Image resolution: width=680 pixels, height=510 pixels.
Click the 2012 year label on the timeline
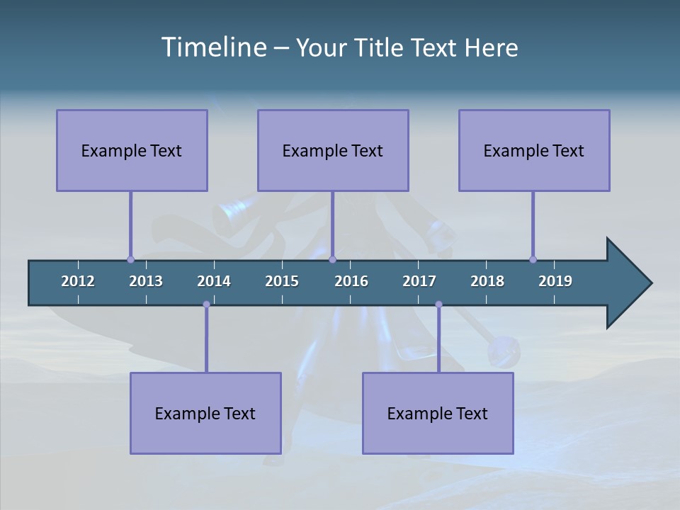click(78, 281)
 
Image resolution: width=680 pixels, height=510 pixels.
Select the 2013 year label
click(146, 281)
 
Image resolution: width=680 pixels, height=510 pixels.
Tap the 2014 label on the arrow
click(214, 281)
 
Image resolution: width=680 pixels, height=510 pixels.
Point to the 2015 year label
click(282, 281)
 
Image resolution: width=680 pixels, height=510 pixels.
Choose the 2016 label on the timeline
click(351, 281)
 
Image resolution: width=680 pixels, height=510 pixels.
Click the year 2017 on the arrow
click(419, 281)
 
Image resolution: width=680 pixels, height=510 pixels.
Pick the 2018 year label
click(487, 281)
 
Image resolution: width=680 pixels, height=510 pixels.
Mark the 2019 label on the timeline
click(555, 281)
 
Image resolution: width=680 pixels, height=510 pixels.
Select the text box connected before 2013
click(132, 150)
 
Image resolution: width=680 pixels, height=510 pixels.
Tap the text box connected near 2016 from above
click(333, 150)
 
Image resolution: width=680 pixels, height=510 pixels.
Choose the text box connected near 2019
click(534, 150)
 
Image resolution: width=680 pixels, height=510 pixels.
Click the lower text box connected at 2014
click(205, 413)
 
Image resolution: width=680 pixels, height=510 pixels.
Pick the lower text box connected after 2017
click(438, 413)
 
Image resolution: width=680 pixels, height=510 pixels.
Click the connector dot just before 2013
click(131, 259)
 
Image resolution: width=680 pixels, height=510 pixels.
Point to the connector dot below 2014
click(206, 305)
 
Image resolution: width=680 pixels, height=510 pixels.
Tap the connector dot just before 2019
click(533, 259)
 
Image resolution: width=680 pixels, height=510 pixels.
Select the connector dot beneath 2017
click(438, 305)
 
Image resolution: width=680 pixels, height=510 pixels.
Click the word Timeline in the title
click(213, 47)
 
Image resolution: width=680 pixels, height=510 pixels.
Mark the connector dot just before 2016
click(332, 259)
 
